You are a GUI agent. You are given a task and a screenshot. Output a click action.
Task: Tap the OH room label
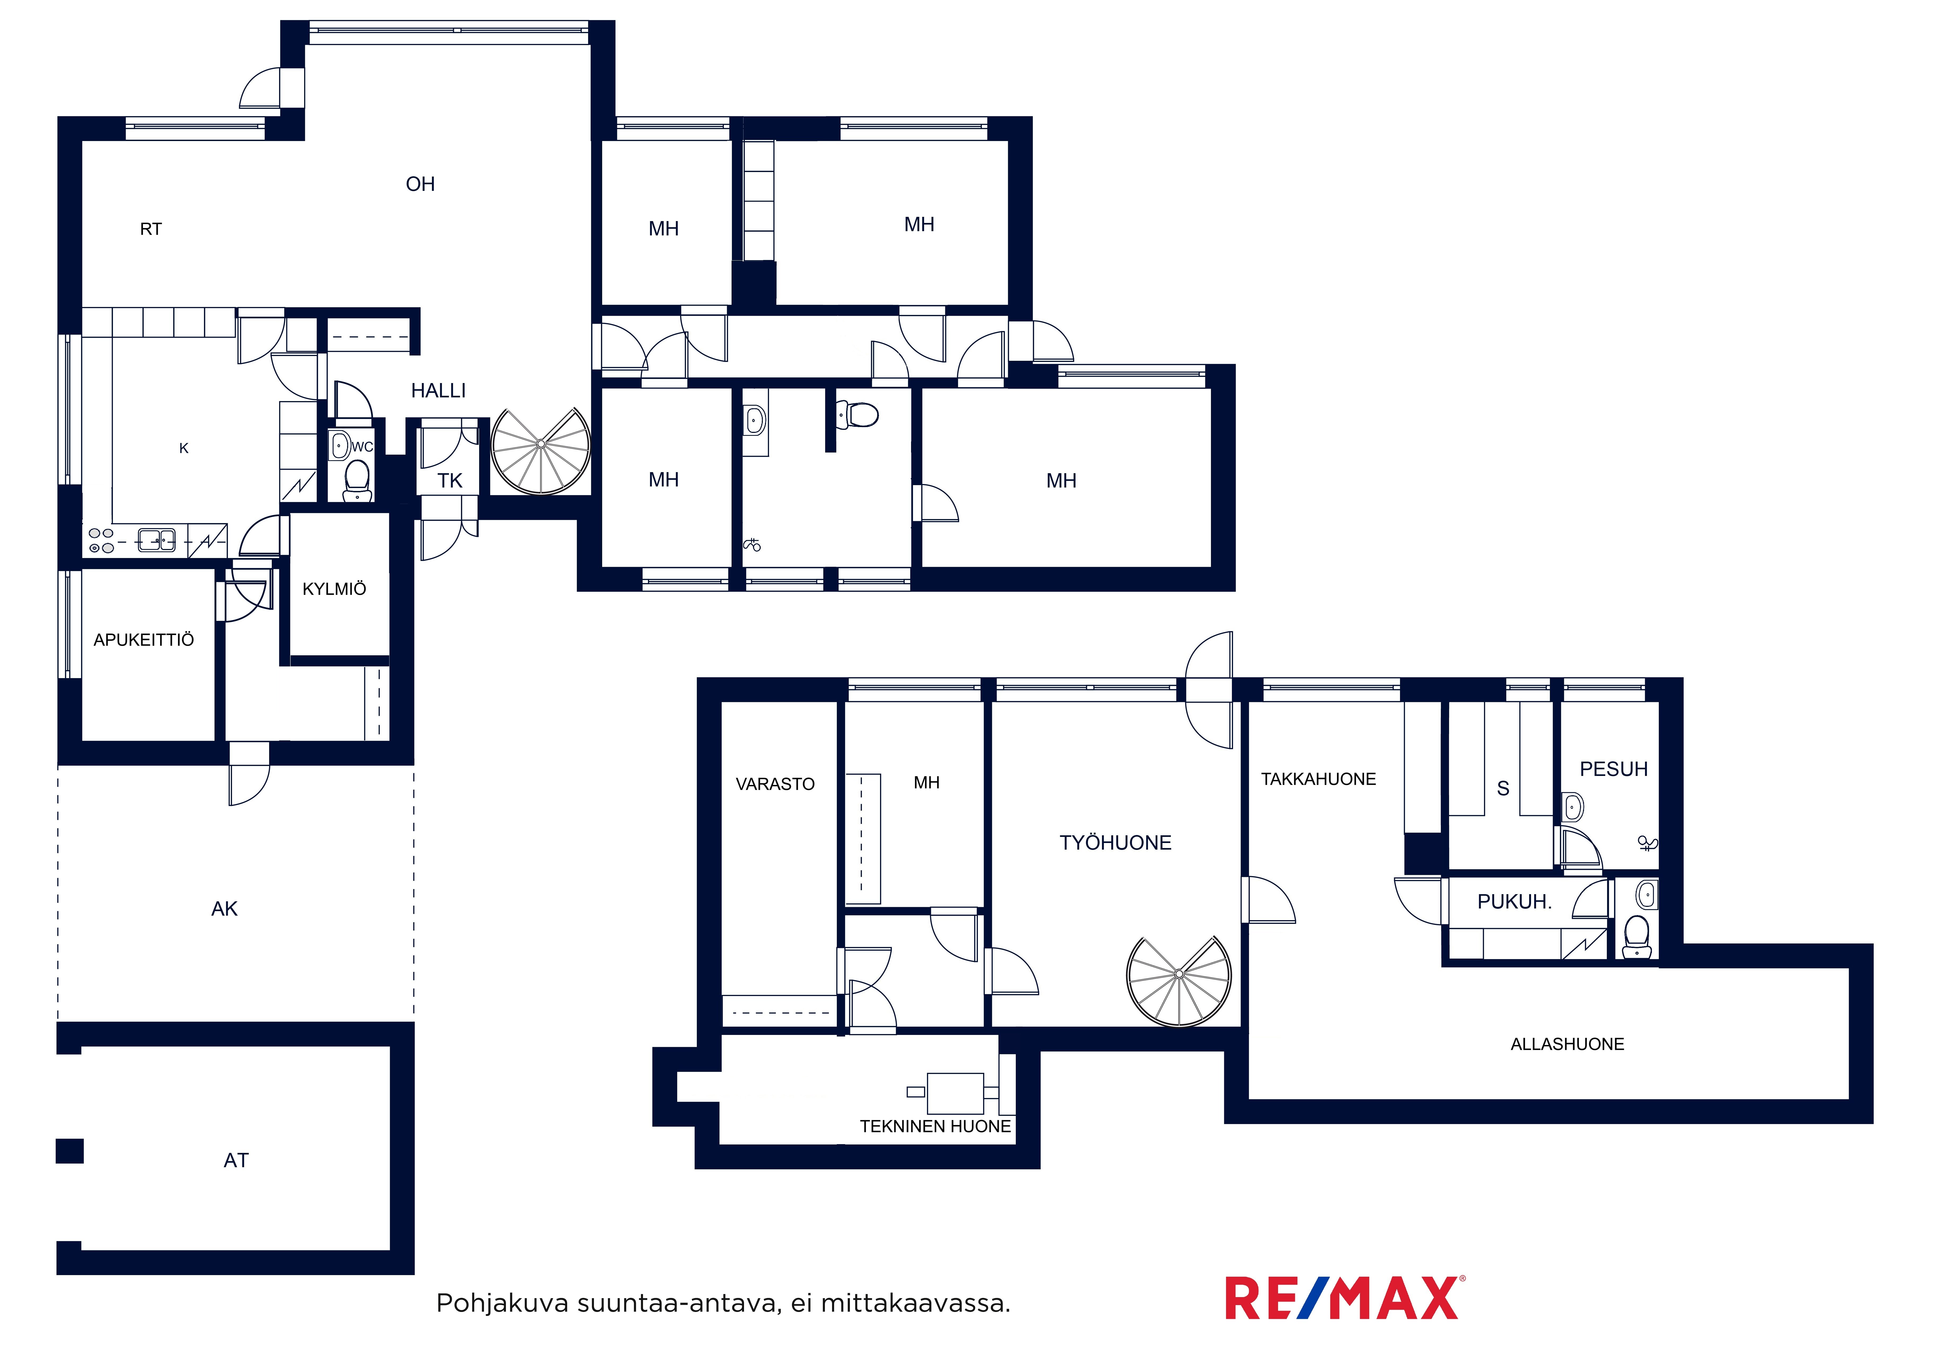(x=420, y=184)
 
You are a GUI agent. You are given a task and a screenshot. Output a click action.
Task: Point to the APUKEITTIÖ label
(x=143, y=640)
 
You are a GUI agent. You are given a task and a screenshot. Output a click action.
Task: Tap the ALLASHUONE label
(x=1568, y=1044)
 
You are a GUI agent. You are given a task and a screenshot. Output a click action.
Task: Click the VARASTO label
(x=775, y=784)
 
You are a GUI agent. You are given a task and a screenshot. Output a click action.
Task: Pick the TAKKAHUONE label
(x=1318, y=779)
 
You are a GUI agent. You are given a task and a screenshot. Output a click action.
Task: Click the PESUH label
(x=1614, y=769)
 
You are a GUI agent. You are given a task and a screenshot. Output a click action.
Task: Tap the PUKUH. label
(x=1514, y=902)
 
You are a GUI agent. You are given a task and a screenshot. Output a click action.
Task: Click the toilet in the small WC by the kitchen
(x=357, y=480)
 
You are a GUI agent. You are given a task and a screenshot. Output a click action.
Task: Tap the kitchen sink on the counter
(x=156, y=539)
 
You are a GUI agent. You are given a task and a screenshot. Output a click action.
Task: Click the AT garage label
(x=236, y=1161)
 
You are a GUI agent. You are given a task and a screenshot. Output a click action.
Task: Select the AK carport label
(x=225, y=909)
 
